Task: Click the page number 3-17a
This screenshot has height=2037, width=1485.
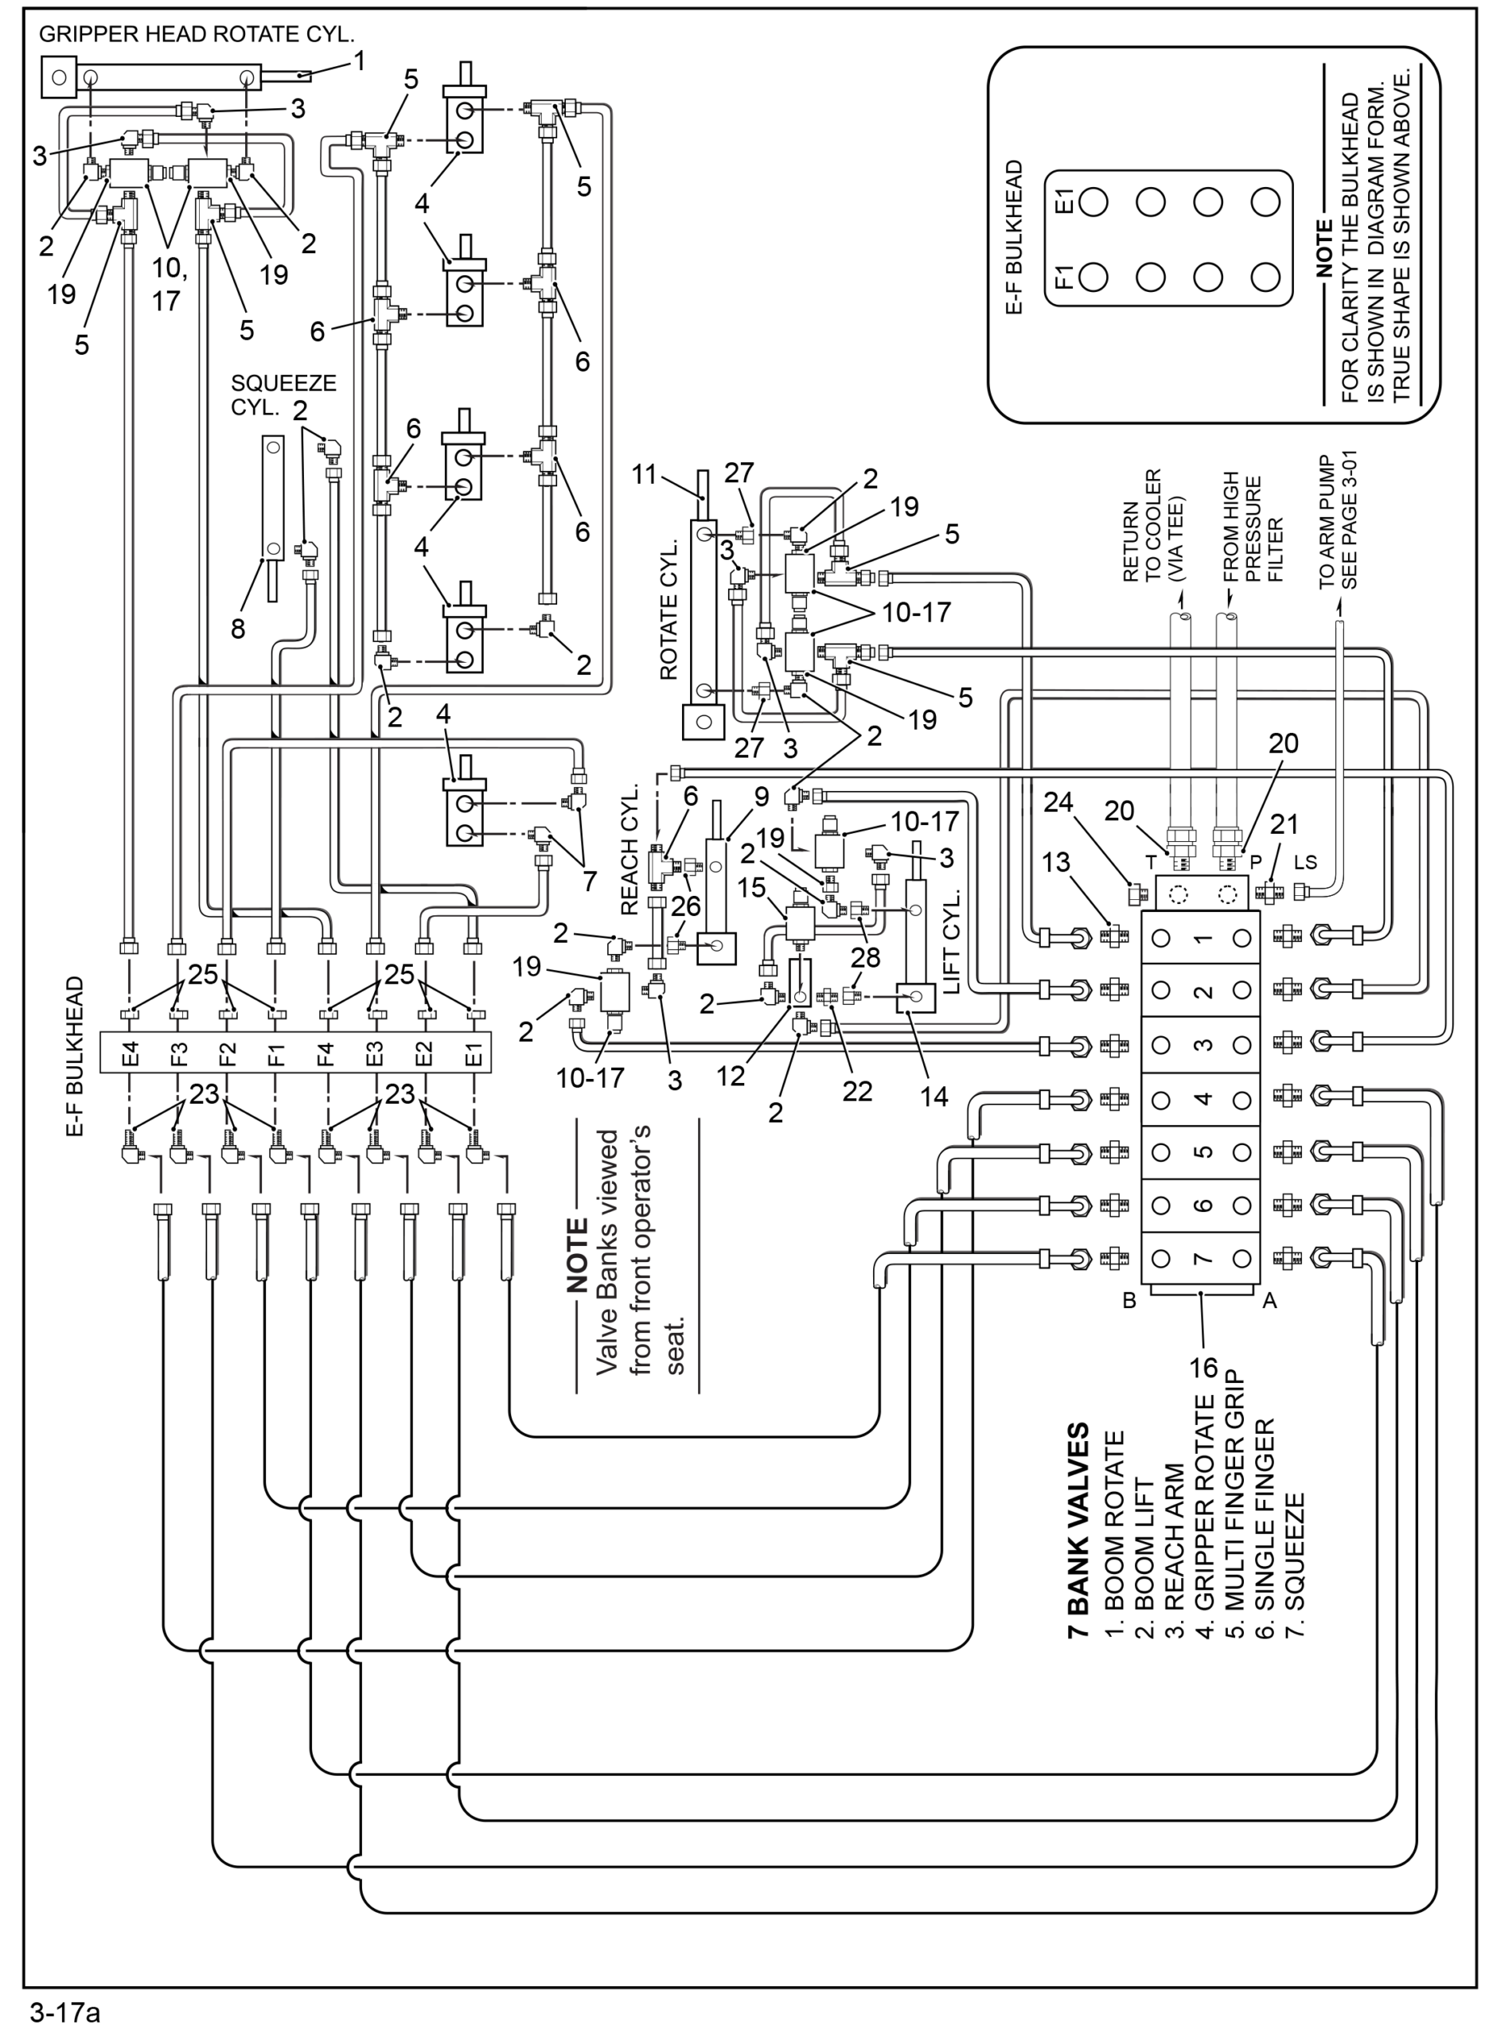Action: (64, 2014)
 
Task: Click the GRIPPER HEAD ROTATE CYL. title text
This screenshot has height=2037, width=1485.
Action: (197, 35)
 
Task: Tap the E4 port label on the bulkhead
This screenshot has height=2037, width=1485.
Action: (131, 1052)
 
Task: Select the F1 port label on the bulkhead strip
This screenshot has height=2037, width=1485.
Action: (276, 1052)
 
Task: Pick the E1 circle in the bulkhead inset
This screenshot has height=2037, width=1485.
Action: (1093, 202)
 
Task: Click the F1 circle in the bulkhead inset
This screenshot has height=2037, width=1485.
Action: (1093, 277)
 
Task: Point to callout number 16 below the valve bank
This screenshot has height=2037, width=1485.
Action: (1202, 1368)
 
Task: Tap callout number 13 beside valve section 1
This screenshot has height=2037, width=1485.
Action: (1055, 863)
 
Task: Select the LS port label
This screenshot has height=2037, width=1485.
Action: (1305, 863)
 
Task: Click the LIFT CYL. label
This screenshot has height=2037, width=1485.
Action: (953, 941)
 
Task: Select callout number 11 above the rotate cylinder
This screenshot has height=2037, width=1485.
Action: (644, 473)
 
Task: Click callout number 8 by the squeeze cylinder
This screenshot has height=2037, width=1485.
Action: (237, 628)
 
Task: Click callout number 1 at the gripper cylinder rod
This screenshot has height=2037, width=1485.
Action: (360, 61)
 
